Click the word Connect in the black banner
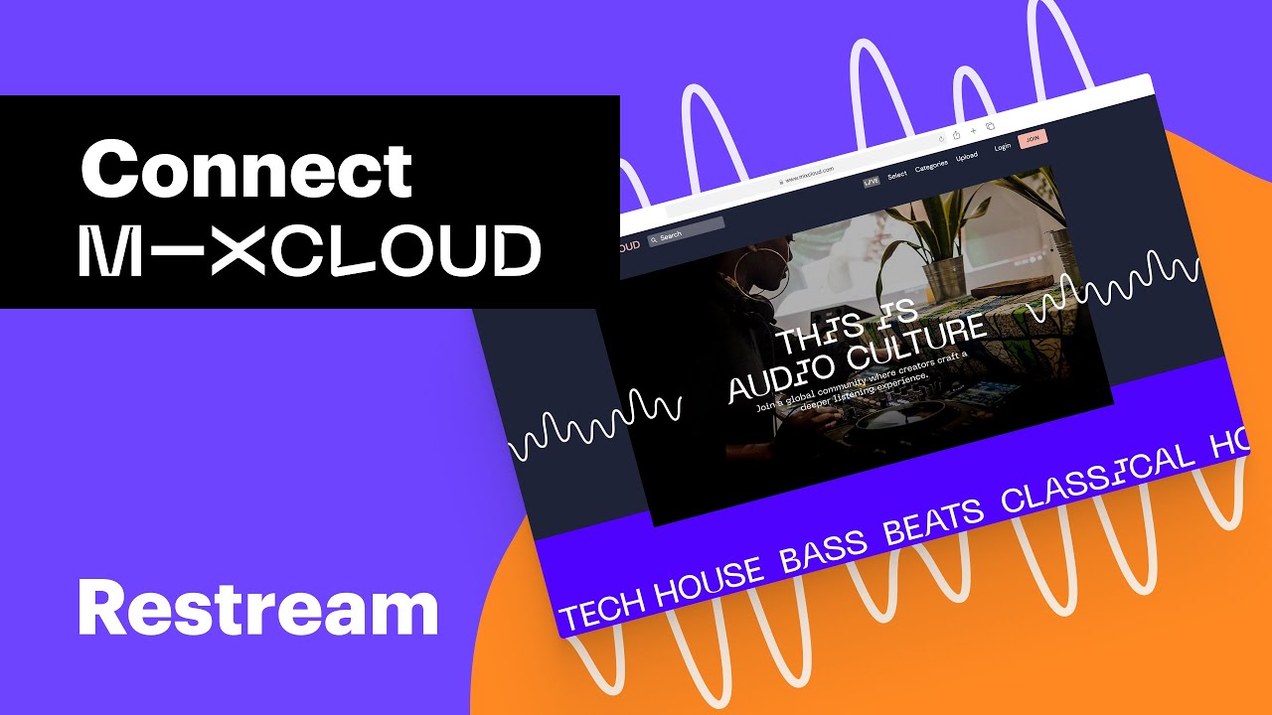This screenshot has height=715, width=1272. pos(245,169)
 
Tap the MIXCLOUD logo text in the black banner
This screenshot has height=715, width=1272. pos(309,249)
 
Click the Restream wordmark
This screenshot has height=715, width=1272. pos(257,609)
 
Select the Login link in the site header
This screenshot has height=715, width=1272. pos(1002,147)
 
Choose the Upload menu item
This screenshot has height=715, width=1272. pos(966,157)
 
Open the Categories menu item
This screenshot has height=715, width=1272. pos(931,166)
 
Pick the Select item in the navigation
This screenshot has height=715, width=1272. pos(897,175)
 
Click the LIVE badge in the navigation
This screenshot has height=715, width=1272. pos(872,182)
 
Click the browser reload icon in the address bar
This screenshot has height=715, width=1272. pos(940,139)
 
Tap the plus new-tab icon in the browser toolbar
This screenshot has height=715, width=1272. pos(973,130)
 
